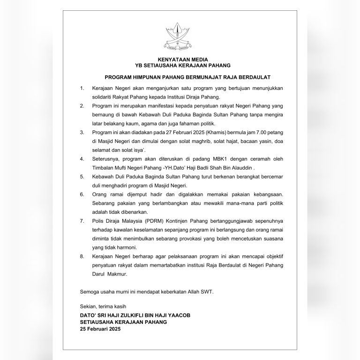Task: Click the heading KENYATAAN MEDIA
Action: [180, 59]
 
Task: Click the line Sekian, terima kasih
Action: [101, 307]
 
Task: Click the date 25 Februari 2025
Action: [100, 330]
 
